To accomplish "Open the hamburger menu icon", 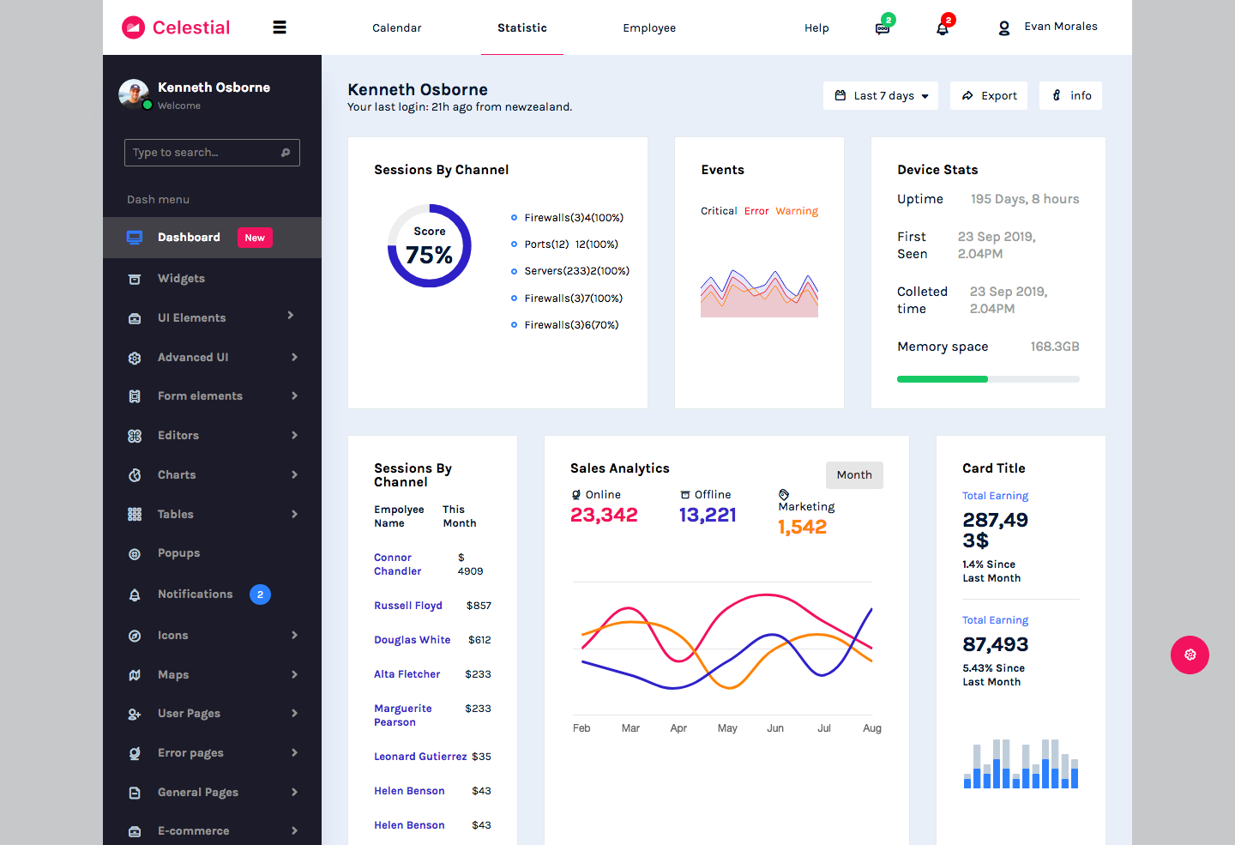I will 280,27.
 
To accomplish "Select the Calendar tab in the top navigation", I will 396,28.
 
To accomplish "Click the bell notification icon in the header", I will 943,28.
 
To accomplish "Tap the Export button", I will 989,96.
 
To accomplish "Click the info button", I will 1071,96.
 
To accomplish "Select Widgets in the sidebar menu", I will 181,279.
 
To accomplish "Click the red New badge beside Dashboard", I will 255,238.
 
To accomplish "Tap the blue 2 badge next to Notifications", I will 260,595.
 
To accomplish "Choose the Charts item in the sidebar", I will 177,475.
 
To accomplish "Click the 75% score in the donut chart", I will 429,255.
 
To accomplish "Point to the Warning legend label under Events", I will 797,211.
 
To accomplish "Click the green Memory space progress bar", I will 943,379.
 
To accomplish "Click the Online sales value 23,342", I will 604,515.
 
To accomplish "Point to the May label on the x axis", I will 727,728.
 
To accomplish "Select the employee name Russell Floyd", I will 408,606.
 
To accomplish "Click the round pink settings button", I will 1190,655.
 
